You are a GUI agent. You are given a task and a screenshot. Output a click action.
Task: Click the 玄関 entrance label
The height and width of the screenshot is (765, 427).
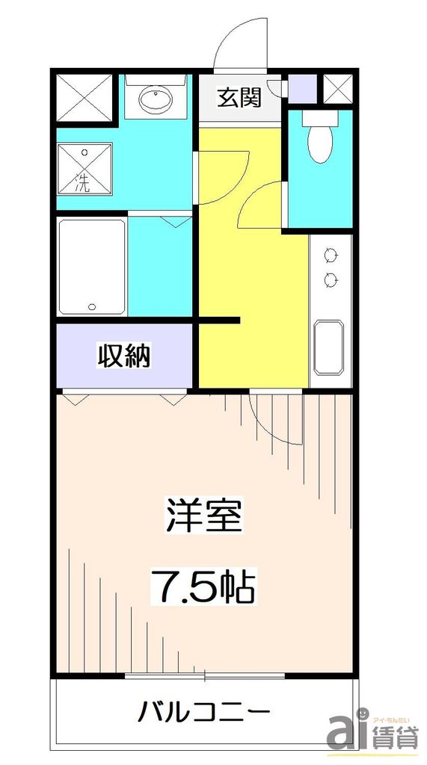(239, 98)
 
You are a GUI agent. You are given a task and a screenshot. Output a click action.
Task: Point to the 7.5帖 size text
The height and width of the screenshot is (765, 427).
(204, 587)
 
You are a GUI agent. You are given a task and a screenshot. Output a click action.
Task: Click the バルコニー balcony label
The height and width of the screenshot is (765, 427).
(203, 710)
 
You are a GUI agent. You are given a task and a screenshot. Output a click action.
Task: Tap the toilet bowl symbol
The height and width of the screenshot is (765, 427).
(320, 141)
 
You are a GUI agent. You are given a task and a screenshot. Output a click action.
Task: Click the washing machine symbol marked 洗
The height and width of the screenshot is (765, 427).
(85, 170)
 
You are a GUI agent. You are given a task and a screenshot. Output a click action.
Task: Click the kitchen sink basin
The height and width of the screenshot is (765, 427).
(328, 347)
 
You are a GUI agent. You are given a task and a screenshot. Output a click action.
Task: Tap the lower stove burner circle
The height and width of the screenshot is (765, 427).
(329, 279)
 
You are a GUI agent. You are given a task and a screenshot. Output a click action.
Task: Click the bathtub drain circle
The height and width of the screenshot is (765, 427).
(92, 306)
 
